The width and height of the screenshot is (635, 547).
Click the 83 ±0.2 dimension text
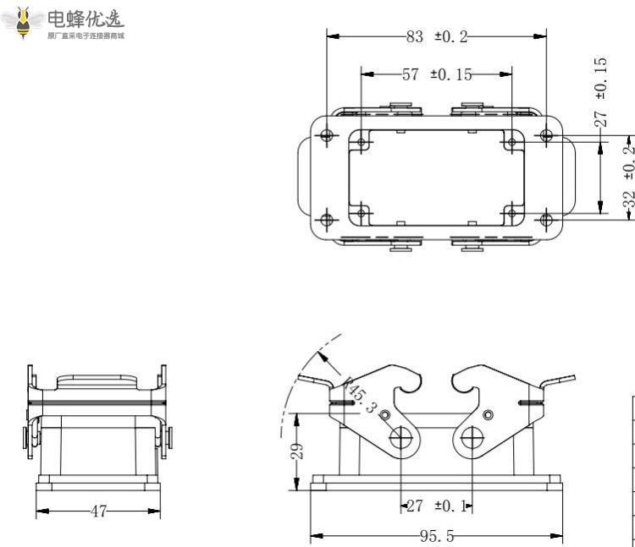click(x=437, y=36)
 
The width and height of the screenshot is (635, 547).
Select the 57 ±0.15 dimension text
click(x=437, y=74)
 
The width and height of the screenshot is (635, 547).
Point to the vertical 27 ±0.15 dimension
click(x=600, y=92)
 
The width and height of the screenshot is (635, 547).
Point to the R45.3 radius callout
click(x=362, y=394)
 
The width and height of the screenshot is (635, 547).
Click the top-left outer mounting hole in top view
click(x=327, y=135)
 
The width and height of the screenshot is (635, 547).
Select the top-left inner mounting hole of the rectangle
click(x=362, y=142)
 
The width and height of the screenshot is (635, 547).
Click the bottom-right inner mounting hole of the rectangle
click(x=511, y=213)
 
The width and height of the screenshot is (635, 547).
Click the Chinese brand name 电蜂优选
click(x=86, y=18)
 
